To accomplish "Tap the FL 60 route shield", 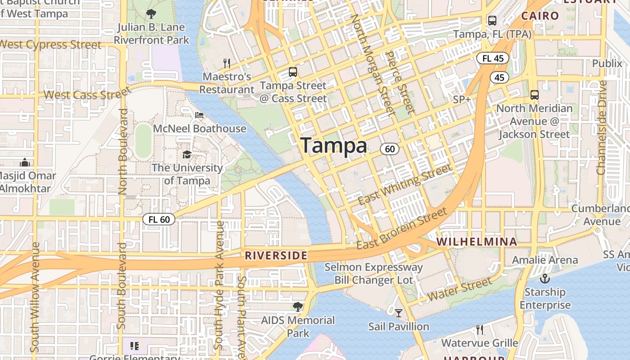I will coord(159,219).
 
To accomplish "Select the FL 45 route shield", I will coord(493,58).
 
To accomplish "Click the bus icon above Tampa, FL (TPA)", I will coord(492,20).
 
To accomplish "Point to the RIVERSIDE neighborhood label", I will coord(276,256).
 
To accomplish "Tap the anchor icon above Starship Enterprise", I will coord(545,279).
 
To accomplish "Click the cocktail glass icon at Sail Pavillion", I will coord(399,313).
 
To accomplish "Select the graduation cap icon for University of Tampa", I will coord(187,155).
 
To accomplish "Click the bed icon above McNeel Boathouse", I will coord(199,115).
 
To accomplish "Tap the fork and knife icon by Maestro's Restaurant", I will coord(227,63).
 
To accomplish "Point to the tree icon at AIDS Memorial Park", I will coord(297,307).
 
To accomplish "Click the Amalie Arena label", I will coord(545,260).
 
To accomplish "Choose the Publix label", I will coord(607,63).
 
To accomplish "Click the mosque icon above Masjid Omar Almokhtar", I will coord(25,162).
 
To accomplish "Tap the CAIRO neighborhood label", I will coord(540,16).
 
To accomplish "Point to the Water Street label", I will coord(459,289).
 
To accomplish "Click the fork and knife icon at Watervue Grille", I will coord(480,330).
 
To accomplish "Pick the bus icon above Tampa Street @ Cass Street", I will coord(293,72).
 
